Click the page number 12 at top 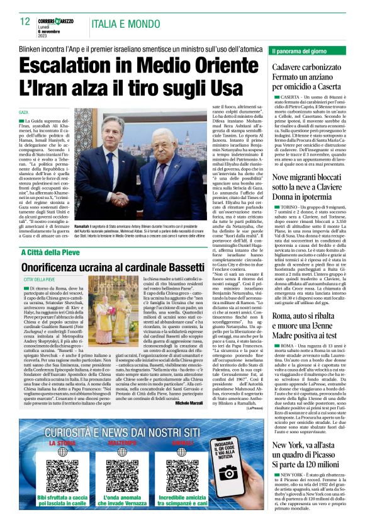pos(25,21)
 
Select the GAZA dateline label pos(23,112)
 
